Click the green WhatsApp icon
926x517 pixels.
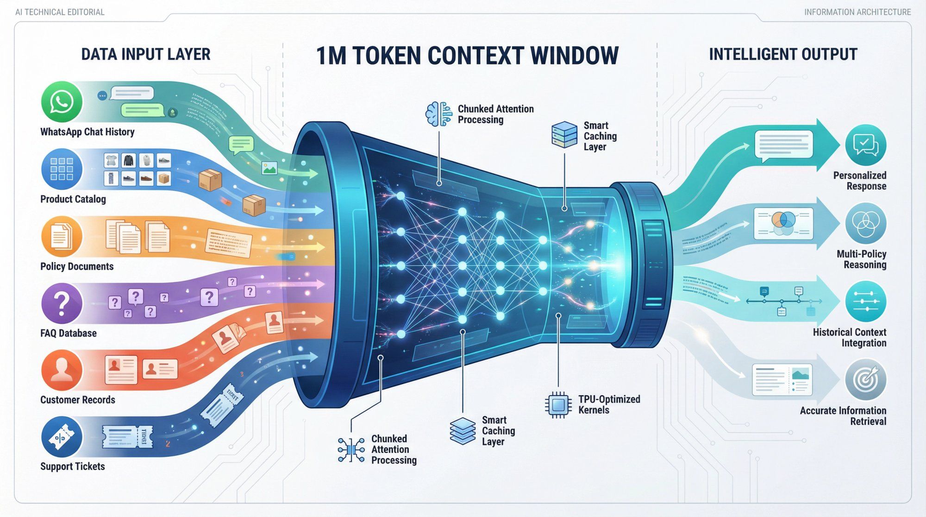click(x=62, y=102)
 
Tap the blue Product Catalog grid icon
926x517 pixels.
click(x=62, y=169)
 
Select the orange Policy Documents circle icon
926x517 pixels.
click(x=62, y=236)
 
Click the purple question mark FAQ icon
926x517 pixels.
click(x=62, y=303)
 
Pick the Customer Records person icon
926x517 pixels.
click(x=62, y=370)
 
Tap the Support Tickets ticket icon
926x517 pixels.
click(x=62, y=437)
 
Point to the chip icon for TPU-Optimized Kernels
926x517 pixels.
click(x=558, y=405)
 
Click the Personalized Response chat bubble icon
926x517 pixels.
click(x=865, y=145)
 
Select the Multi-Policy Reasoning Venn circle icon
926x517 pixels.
click(x=865, y=223)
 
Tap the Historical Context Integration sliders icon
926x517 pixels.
click(x=865, y=302)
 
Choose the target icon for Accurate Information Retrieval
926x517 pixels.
click(x=865, y=380)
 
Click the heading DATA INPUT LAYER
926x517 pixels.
click(x=146, y=54)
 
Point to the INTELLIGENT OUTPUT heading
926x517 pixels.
click(x=783, y=54)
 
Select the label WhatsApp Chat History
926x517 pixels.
click(x=88, y=132)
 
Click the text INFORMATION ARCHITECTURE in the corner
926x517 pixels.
click(x=857, y=12)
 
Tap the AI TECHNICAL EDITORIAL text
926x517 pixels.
click(x=60, y=12)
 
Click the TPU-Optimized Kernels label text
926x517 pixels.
click(x=609, y=404)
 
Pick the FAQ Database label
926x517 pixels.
click(x=69, y=333)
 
